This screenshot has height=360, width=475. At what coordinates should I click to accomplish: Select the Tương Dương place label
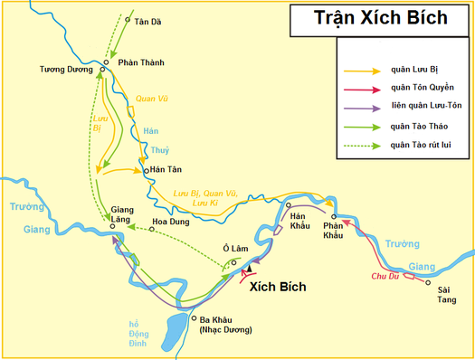(x=64, y=70)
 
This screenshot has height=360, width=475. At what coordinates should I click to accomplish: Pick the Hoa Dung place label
(x=173, y=222)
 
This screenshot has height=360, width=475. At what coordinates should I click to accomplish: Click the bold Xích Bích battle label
(x=277, y=287)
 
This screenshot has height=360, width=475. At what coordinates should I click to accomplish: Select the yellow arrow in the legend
(x=360, y=70)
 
